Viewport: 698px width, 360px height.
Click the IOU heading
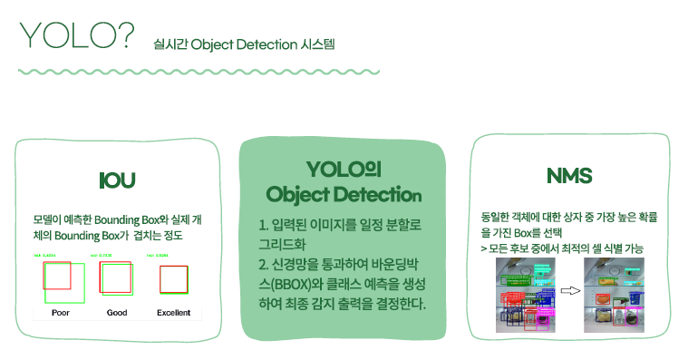(x=118, y=180)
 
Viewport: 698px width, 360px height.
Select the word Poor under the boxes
(x=62, y=313)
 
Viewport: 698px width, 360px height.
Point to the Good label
(x=116, y=313)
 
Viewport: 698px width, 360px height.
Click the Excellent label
(x=173, y=313)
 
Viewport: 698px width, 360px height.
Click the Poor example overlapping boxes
(x=62, y=281)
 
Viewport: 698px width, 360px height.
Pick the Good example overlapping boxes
(x=116, y=279)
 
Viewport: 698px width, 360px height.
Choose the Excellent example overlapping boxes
(x=173, y=279)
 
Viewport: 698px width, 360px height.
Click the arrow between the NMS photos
(x=569, y=291)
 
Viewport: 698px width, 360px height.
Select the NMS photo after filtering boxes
(x=614, y=291)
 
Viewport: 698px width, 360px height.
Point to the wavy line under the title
(x=199, y=71)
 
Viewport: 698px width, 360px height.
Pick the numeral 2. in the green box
(x=265, y=263)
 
